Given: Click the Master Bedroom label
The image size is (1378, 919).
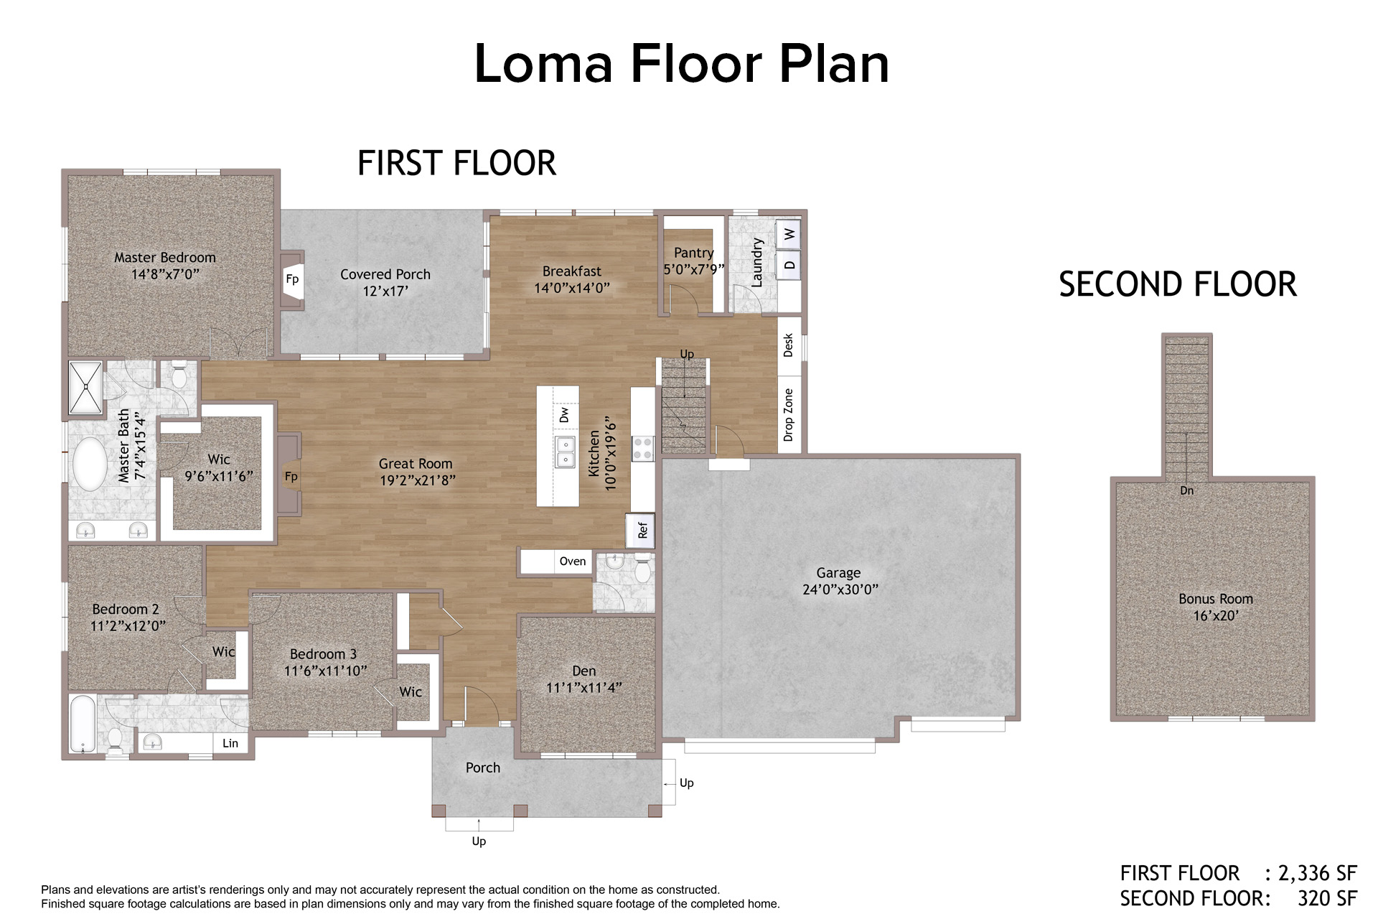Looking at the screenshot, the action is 165,258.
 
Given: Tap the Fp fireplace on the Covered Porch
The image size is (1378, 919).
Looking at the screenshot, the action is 292,279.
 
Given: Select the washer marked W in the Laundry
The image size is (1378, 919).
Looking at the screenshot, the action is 789,234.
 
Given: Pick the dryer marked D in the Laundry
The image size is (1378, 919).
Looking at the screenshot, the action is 789,265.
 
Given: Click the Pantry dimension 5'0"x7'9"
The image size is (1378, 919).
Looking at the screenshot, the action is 693,269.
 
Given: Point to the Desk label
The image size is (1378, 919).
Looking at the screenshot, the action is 789,345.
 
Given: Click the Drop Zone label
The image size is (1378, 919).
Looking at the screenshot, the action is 789,415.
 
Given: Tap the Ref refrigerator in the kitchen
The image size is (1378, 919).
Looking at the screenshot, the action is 641,530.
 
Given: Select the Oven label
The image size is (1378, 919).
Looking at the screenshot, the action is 573,561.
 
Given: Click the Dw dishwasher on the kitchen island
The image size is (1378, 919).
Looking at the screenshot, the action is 565,415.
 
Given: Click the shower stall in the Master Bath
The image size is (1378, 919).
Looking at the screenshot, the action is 85,388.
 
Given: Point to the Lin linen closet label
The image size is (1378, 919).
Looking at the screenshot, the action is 230,743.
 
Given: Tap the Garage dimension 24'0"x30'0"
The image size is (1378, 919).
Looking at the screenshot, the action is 840,589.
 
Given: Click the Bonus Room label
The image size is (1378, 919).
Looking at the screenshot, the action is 1216,599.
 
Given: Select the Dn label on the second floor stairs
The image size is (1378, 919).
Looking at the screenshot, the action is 1187,490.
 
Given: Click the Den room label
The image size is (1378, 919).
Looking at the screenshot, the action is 584,671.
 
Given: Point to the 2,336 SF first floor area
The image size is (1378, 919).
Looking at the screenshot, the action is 1318,873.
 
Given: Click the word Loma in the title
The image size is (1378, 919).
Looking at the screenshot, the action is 544,64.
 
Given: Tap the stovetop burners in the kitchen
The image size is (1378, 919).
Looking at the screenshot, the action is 642,449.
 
